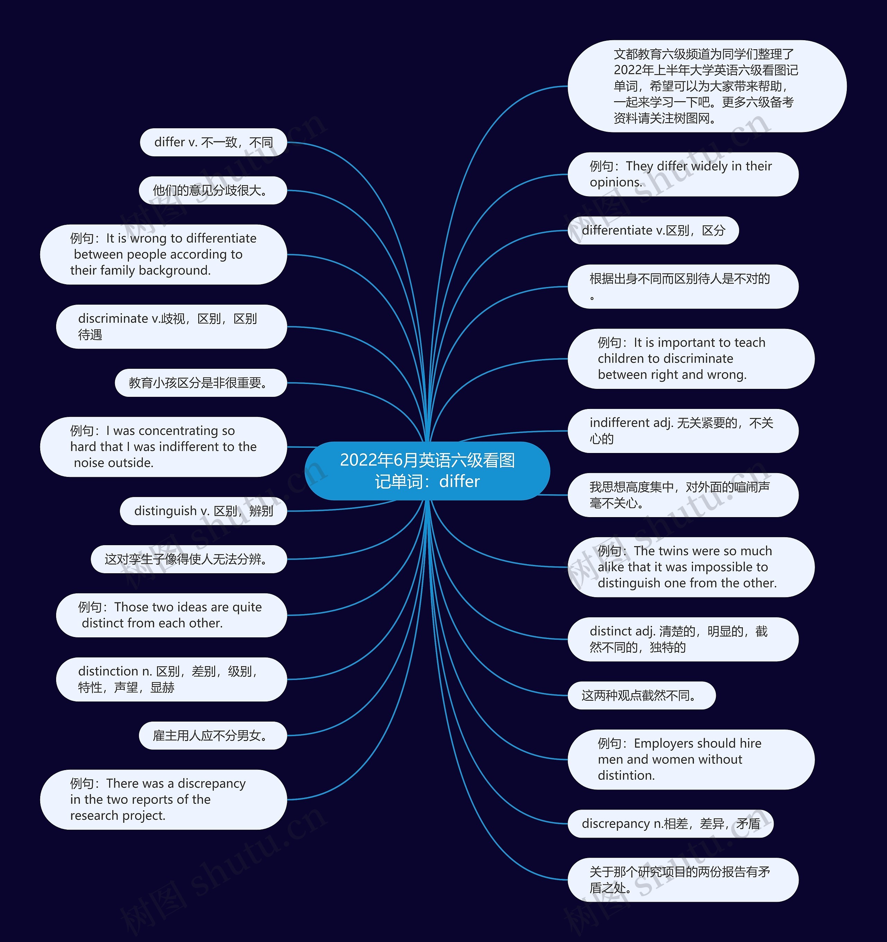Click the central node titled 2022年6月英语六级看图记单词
[x=427, y=471]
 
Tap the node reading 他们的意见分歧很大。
[x=213, y=191]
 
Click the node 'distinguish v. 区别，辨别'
[x=203, y=511]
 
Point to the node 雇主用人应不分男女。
[x=213, y=735]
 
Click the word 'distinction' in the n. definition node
[x=108, y=671]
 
